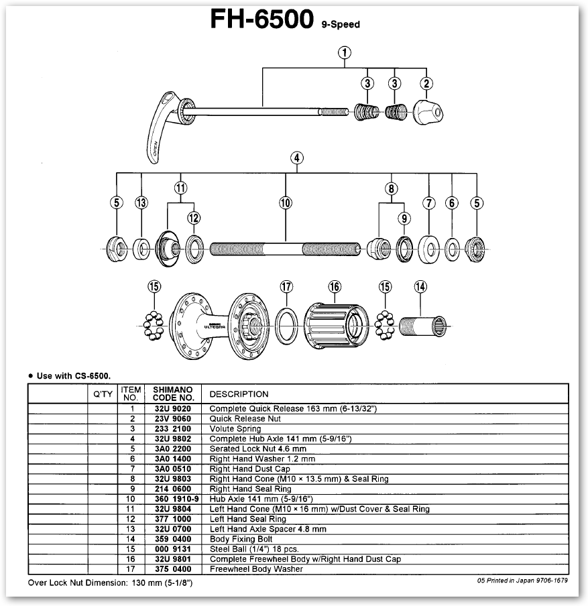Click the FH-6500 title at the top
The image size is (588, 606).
[261, 20]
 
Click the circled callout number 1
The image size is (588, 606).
[345, 52]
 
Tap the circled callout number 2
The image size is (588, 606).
[426, 84]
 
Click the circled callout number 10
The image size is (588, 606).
[286, 202]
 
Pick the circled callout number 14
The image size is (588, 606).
[420, 287]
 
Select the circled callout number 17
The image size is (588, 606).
[286, 287]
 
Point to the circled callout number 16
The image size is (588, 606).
[335, 287]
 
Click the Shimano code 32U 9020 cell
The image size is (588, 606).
[171, 408]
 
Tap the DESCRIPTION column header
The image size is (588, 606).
[239, 394]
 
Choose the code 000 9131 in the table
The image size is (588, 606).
[171, 548]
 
